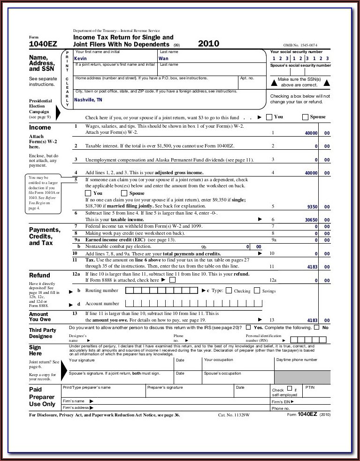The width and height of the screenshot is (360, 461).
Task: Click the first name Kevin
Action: pos(80,59)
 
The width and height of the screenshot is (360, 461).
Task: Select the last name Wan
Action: pos(163,59)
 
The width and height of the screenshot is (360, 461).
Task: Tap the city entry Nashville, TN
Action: pos(88,100)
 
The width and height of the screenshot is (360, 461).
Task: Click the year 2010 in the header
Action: pos(208,43)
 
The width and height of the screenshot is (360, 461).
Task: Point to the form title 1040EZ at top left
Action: pos(43,44)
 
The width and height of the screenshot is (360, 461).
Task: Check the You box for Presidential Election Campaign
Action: pos(269,117)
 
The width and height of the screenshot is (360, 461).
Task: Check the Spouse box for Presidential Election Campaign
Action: pos(305,117)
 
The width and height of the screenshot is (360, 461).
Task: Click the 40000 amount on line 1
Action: pos(311,133)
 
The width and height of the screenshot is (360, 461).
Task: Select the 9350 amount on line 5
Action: pos(312,207)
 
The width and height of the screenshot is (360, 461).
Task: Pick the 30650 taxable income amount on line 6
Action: pos(311,220)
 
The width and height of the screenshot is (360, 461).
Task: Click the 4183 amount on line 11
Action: pos(312,267)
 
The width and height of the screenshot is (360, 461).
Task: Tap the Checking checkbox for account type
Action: pos(229,291)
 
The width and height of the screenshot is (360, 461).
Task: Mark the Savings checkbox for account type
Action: pos(257,291)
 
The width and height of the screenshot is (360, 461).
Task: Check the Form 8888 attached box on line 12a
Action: pos(172,280)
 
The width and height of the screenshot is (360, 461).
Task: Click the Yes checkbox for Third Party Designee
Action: pos(248,327)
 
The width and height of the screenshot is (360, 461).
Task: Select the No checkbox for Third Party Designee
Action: pos(316,327)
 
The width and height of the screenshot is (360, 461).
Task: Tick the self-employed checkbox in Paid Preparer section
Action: pos(289,389)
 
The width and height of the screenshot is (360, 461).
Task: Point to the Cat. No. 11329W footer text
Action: pos(234,415)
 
